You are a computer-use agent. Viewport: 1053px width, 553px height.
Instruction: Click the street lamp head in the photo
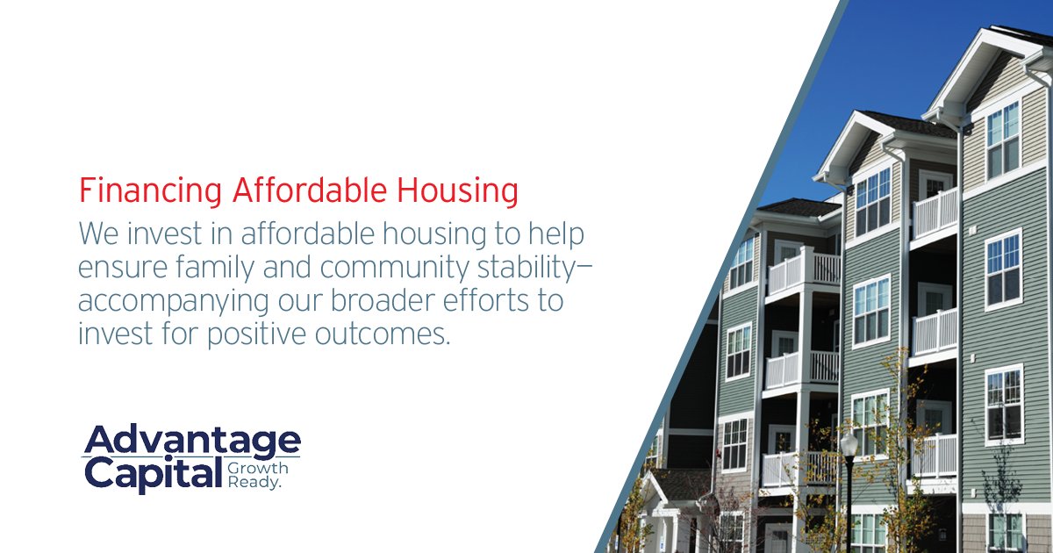click(849, 443)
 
